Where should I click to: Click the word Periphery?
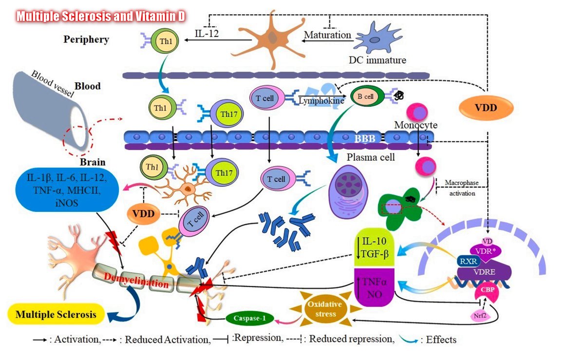point(86,39)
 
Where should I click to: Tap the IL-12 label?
point(207,34)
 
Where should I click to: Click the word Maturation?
point(327,35)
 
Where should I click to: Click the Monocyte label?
point(416,125)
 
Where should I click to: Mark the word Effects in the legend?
point(441,340)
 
